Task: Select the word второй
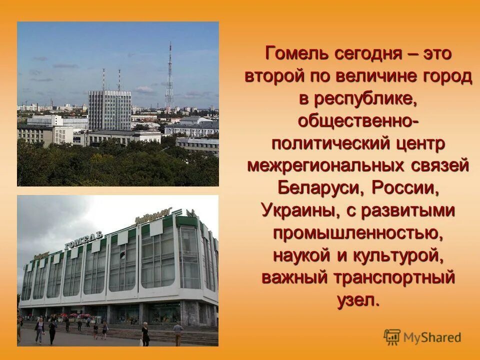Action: point(274,76)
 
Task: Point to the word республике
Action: point(364,99)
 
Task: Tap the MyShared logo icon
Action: point(392,336)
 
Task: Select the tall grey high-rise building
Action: point(109,110)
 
